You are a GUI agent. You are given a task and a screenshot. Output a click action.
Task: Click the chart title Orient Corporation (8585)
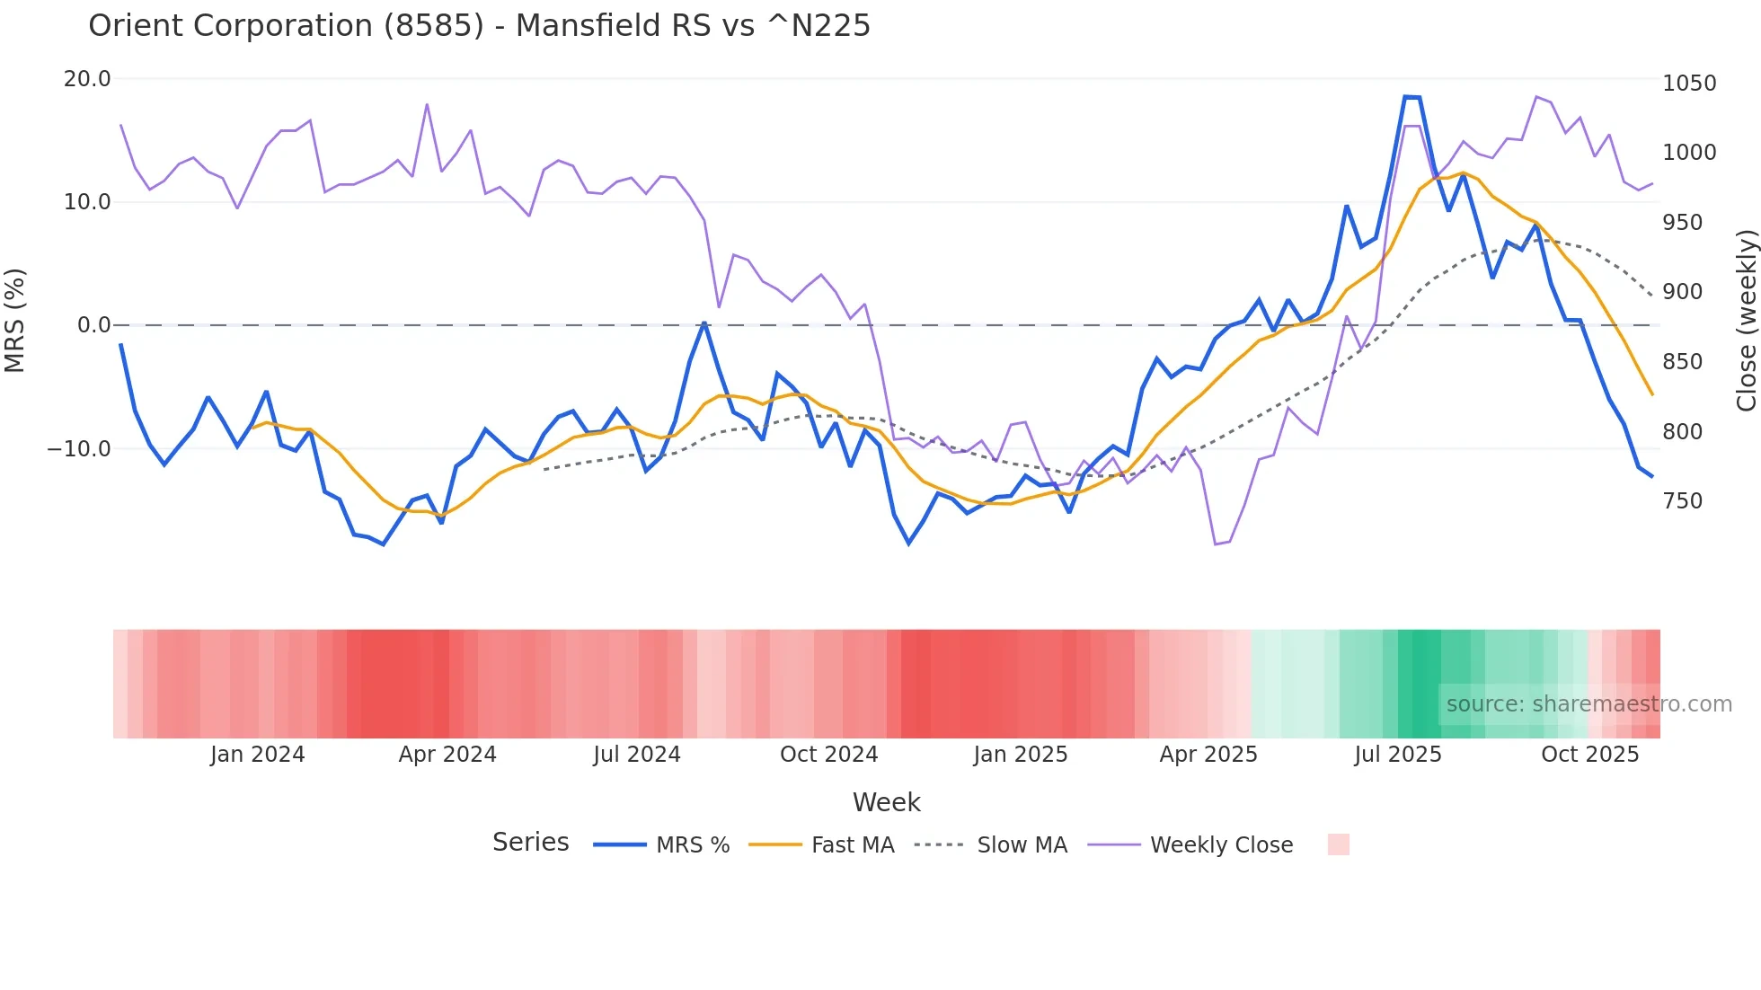click(x=479, y=25)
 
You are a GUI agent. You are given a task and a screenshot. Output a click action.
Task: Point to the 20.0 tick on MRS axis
click(x=87, y=79)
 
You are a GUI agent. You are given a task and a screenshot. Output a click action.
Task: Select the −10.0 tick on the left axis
click(x=79, y=448)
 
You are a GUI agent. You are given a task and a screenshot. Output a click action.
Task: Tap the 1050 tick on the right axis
click(x=1689, y=84)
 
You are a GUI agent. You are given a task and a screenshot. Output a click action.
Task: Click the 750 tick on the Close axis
click(x=1682, y=501)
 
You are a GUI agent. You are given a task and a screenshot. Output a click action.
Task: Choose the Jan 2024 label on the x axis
click(x=258, y=755)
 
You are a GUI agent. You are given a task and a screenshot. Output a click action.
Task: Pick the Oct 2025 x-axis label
click(x=1589, y=755)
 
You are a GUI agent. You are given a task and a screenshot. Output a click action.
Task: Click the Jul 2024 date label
click(x=636, y=755)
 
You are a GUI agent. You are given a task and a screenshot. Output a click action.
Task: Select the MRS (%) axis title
click(x=15, y=320)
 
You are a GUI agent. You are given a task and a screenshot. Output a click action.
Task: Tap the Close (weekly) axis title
click(x=1746, y=320)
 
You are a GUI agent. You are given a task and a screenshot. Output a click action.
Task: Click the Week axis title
click(x=886, y=802)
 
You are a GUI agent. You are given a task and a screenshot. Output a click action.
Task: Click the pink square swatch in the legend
click(x=1338, y=844)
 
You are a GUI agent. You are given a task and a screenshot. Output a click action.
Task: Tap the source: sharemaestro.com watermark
click(x=1588, y=704)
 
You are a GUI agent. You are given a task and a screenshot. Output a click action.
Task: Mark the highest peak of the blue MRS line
click(x=1411, y=97)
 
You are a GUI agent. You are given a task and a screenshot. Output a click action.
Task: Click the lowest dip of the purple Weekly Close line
click(x=1216, y=544)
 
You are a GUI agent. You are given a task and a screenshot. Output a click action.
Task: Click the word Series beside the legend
click(x=530, y=843)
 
